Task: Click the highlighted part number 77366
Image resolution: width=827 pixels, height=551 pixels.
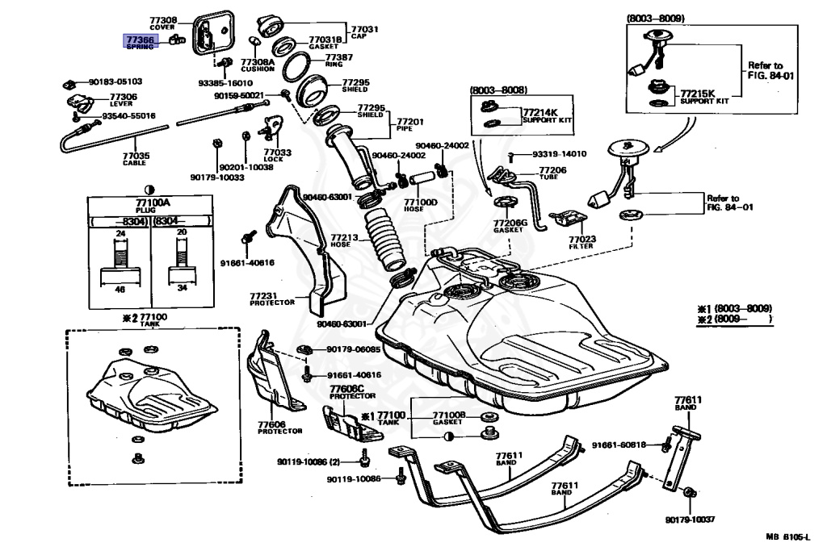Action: coord(140,39)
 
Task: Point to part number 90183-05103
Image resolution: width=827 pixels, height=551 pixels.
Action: coord(115,81)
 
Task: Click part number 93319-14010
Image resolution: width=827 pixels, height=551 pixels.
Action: coord(559,153)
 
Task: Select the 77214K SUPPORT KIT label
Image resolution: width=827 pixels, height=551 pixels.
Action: coord(546,116)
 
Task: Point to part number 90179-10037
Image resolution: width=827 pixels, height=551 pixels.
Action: coord(691,520)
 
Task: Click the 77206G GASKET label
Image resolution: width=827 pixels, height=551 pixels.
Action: coord(510,226)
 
